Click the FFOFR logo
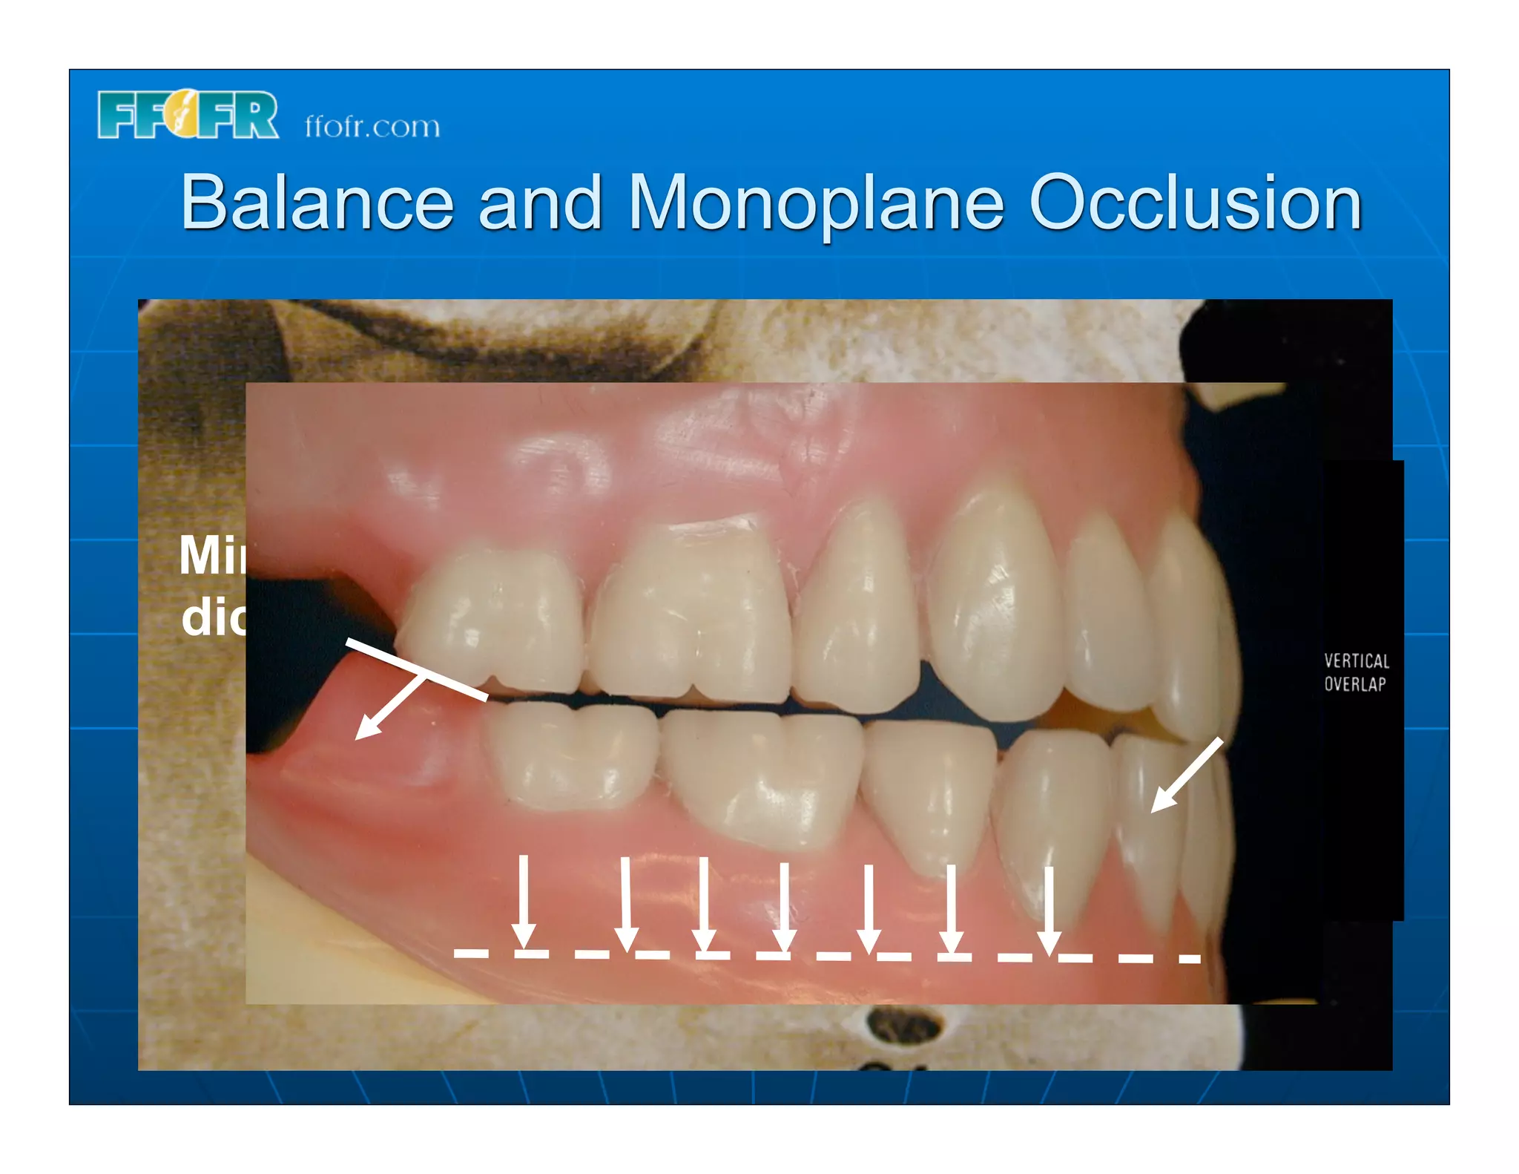pos(188,115)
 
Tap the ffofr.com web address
pos(372,127)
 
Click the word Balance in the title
pos(317,203)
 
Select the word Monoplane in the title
pos(815,203)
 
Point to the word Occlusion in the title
pos(1195,203)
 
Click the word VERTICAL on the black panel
pos(1357,660)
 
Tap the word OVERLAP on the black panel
pos(1355,684)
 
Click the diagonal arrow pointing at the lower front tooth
pos(1186,775)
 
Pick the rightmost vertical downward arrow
pos(1049,909)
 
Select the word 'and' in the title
pos(540,203)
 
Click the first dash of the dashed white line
pos(471,953)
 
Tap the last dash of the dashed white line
pos(1189,960)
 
